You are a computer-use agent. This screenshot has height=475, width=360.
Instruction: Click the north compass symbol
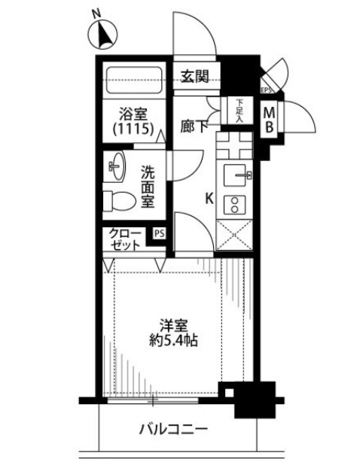pyautogui.click(x=102, y=33)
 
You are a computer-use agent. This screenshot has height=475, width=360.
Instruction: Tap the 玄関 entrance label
pyautogui.click(x=195, y=77)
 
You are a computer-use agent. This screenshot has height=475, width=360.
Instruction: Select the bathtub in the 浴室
pyautogui.click(x=135, y=80)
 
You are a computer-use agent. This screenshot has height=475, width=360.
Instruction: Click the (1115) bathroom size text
pyautogui.click(x=133, y=129)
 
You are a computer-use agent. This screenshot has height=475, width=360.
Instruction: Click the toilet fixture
pyautogui.click(x=119, y=200)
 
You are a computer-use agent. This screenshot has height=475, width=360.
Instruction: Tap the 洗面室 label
pyautogui.click(x=148, y=187)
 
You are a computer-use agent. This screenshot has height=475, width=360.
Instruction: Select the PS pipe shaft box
pyautogui.click(x=159, y=233)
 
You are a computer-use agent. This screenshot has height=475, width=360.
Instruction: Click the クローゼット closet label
pyautogui.click(x=125, y=239)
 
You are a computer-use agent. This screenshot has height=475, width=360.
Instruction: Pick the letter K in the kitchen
pyautogui.click(x=209, y=199)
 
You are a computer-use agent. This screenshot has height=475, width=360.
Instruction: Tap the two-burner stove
pyautogui.click(x=234, y=204)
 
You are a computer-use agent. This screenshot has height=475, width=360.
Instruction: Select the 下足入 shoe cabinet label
pyautogui.click(x=239, y=111)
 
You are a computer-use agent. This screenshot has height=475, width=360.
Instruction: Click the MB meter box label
pyautogui.click(x=269, y=120)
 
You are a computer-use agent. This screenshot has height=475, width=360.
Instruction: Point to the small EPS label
pyautogui.click(x=266, y=90)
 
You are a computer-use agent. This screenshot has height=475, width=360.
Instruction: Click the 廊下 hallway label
pyautogui.click(x=194, y=127)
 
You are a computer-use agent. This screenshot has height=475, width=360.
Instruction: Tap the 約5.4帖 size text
pyautogui.click(x=174, y=341)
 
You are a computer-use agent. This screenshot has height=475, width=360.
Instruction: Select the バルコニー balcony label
pyautogui.click(x=174, y=429)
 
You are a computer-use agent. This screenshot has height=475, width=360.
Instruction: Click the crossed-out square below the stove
pyautogui.click(x=234, y=235)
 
